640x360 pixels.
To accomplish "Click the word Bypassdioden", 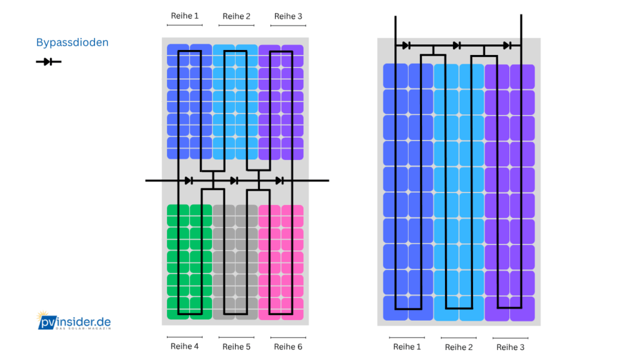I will [x=72, y=42].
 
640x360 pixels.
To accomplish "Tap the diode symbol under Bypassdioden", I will [x=48, y=61].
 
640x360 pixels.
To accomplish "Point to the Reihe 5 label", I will [x=236, y=346].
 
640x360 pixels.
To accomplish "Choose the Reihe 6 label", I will [x=288, y=346].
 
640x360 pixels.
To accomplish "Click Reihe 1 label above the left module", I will [x=184, y=16].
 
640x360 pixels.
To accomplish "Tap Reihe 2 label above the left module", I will [x=236, y=16].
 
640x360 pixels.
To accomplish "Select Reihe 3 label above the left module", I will [x=288, y=16].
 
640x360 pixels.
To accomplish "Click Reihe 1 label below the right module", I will [x=407, y=346].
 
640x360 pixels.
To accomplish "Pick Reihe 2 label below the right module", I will [x=458, y=347].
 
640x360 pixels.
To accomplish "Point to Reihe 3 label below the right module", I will [x=509, y=347].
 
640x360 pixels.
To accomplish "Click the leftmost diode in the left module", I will [x=188, y=181].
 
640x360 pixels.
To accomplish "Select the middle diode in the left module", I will [x=234, y=181].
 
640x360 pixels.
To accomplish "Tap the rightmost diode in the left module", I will [x=279, y=181].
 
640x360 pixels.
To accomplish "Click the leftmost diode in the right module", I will [x=406, y=45].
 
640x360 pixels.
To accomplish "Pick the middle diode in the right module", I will [x=457, y=45].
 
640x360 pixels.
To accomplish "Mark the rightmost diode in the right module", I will [x=507, y=45].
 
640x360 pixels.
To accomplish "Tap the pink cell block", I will [x=281, y=262].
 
